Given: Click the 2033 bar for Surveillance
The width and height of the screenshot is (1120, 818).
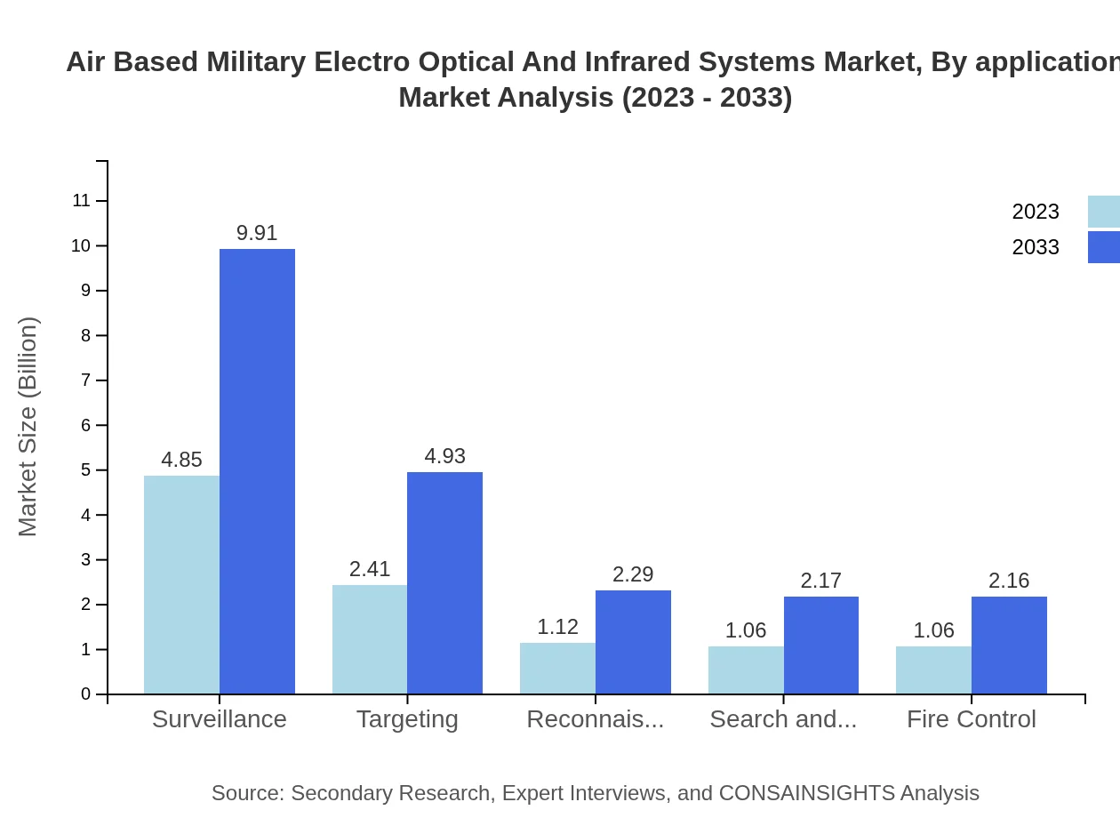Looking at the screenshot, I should tap(257, 471).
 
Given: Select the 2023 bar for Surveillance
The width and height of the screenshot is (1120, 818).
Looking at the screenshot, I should tap(181, 584).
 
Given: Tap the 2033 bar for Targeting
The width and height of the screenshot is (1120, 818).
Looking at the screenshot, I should tap(444, 582).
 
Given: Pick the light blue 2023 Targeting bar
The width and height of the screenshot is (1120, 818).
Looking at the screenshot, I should tap(370, 638).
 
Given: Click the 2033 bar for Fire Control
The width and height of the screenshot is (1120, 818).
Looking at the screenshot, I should tap(1009, 645).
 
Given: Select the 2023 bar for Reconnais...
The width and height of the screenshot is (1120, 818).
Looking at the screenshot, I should tap(557, 668).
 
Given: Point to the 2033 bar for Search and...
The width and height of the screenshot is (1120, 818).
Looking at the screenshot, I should tap(821, 645).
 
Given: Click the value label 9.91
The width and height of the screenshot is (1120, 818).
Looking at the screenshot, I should tap(257, 233).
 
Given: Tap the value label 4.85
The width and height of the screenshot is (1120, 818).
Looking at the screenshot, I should tap(181, 460).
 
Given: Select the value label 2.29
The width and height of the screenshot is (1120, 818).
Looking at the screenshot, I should tap(633, 574).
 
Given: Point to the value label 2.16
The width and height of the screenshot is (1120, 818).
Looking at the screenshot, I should tap(1009, 581).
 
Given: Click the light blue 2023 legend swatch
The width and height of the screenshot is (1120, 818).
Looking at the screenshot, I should tap(1104, 212).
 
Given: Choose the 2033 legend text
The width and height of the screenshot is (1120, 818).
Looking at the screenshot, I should tap(1036, 247).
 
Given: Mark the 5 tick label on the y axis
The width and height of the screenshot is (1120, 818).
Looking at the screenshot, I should tap(86, 470).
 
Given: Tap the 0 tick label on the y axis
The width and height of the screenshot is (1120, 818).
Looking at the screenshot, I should tap(86, 694).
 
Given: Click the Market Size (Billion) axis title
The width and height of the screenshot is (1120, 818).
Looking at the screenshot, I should tap(28, 427).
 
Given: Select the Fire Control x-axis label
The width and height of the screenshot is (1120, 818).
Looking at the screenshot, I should tap(971, 719).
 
